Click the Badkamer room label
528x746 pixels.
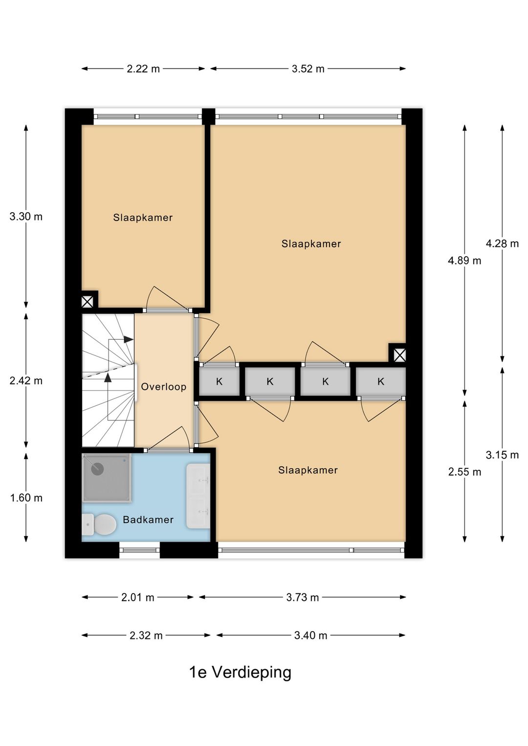pyautogui.click(x=148, y=519)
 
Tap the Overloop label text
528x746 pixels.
pyautogui.click(x=164, y=387)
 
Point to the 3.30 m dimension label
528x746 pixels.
pyautogui.click(x=26, y=217)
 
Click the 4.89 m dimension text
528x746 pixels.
pyautogui.click(x=464, y=261)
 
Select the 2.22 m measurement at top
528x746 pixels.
pyautogui.click(x=143, y=69)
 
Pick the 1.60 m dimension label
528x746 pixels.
pyautogui.click(x=26, y=498)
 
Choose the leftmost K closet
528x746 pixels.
pyautogui.click(x=219, y=382)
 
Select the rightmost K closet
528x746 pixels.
pyautogui.click(x=381, y=382)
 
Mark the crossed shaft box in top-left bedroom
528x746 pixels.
pyautogui.click(x=87, y=302)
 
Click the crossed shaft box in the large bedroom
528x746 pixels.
pyautogui.click(x=400, y=355)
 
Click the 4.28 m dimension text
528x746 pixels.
pyautogui.click(x=502, y=244)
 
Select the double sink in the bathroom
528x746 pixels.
pyautogui.click(x=198, y=496)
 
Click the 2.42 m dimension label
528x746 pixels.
pyautogui.click(x=26, y=380)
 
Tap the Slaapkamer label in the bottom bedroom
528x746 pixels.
pyautogui.click(x=308, y=470)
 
